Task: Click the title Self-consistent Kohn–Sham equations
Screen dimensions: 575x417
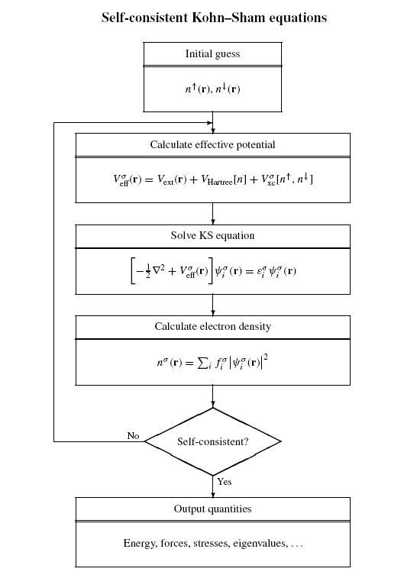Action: coord(213,17)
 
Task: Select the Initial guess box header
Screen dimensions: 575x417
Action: coord(212,53)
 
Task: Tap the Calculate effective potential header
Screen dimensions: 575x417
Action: coord(212,144)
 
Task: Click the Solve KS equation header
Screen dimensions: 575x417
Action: coord(212,236)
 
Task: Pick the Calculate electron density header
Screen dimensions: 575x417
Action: coord(212,327)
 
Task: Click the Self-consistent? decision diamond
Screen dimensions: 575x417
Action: coord(212,441)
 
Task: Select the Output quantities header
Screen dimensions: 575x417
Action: coord(212,509)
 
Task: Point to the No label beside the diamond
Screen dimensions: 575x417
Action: coord(133,435)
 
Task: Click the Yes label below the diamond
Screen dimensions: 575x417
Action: coord(224,482)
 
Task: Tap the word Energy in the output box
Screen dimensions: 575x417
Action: coord(138,544)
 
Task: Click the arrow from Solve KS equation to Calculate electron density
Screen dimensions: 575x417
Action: coord(212,304)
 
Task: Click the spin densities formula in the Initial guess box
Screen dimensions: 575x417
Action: coord(212,89)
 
